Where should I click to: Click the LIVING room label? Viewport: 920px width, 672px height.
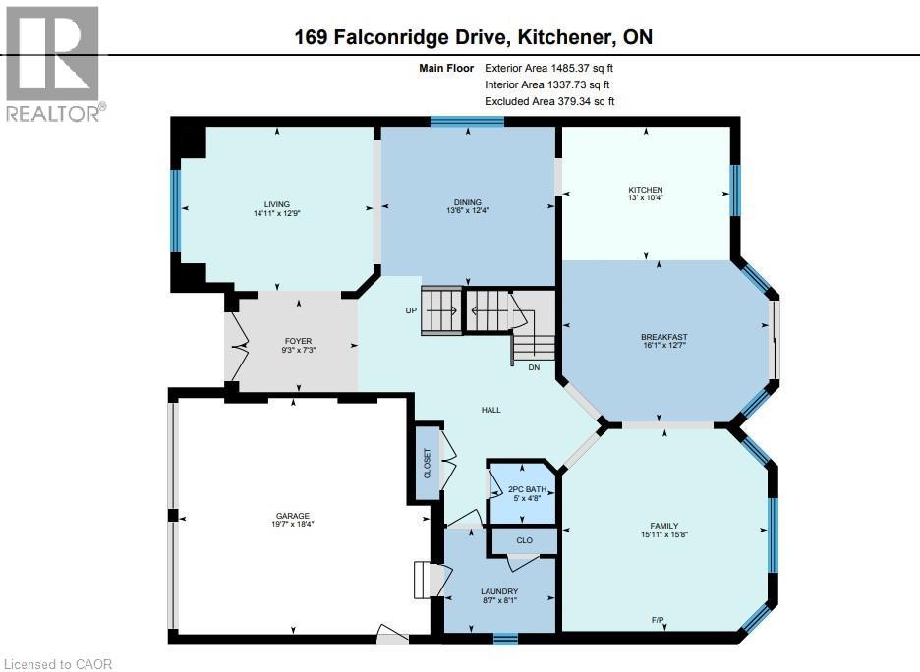click(276, 204)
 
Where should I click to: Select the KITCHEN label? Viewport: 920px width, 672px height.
click(646, 190)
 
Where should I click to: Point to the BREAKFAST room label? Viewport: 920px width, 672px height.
click(663, 337)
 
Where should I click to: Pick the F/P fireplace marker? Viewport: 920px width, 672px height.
click(657, 619)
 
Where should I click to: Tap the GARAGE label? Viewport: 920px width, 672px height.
click(292, 516)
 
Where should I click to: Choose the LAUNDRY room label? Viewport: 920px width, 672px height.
click(499, 591)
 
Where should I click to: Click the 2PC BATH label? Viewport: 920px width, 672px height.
click(523, 489)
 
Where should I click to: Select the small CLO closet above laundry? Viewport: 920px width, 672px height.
click(524, 540)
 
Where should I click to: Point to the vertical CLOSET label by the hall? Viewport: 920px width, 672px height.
click(427, 462)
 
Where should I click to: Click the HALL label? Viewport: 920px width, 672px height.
click(490, 410)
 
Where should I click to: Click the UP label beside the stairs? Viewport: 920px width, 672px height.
click(412, 310)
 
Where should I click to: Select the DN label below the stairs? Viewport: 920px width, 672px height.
click(534, 367)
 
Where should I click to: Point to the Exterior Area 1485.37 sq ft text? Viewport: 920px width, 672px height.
click(548, 68)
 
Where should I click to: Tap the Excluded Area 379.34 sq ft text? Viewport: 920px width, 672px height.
click(548, 101)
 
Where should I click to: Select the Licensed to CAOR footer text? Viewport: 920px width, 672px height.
click(57, 664)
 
